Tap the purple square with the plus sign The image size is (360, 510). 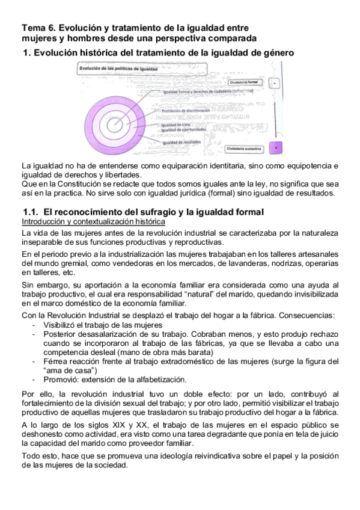(275, 148)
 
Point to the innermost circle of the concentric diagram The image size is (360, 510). (115, 124)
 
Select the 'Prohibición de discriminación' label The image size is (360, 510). (185, 111)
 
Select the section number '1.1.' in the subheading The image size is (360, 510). (31, 212)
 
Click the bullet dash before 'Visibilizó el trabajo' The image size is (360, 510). (33, 325)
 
